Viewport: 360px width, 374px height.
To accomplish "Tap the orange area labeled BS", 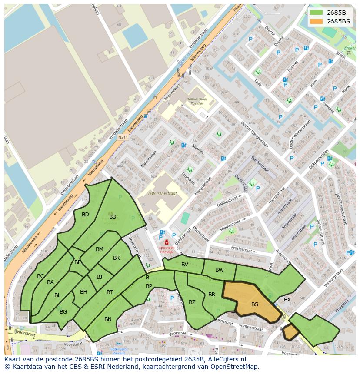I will pos(255,304).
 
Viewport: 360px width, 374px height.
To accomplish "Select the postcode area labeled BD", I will pos(85,215).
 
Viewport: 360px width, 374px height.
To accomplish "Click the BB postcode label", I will pos(113,217).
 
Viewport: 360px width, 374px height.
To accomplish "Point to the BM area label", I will pos(100,249).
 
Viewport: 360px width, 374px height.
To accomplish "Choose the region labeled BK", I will pos(117,258).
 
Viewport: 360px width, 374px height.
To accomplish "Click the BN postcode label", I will pos(108,319).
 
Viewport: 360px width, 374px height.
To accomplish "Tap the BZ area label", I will pos(192,302).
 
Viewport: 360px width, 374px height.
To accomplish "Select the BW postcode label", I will pos(220,270).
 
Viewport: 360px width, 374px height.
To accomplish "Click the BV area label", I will pos(185,265).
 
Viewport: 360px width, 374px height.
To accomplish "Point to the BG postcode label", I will pos(63,311).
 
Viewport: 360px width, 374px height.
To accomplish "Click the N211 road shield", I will pos(123,137).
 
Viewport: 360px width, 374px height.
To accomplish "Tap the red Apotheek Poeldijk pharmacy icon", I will pos(166,242).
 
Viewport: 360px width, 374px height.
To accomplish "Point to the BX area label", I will pos(287,300).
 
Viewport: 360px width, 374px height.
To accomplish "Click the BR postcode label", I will pos(212,295).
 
